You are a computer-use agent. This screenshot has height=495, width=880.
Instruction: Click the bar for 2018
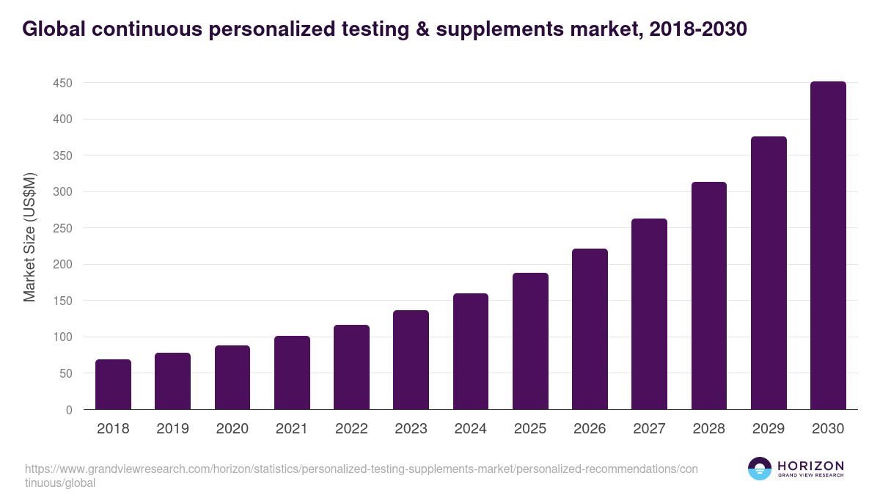113,384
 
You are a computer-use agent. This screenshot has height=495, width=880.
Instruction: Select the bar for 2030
828,246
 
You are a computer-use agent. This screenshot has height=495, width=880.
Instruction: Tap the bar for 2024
471,351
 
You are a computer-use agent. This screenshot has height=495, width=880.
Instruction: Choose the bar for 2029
769,273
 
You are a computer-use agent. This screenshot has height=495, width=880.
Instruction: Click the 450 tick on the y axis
62,83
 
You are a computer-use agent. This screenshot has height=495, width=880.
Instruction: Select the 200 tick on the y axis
62,265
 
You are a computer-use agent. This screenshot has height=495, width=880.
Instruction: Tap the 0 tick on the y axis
68,410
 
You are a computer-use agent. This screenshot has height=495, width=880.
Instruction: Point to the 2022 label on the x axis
351,429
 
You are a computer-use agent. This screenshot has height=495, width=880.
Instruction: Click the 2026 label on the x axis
590,429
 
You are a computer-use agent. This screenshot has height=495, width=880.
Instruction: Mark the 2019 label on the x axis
172,429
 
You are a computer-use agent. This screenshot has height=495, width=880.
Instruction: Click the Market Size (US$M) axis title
29,237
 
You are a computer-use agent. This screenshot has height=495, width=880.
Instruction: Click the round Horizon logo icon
760,469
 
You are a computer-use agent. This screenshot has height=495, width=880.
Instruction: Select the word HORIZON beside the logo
810,466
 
